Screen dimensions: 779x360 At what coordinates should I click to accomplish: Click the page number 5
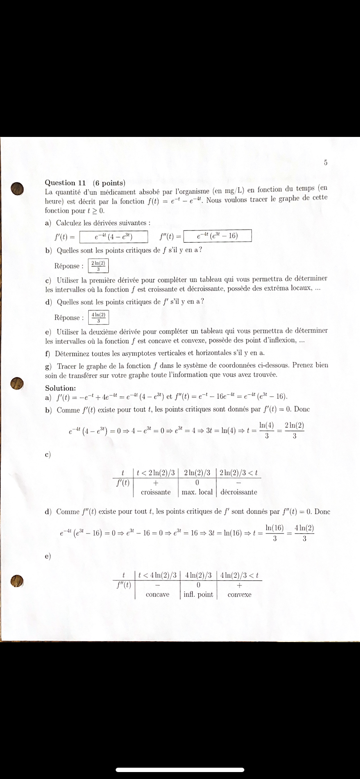coord(326,163)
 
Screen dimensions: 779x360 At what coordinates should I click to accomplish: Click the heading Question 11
coord(66,183)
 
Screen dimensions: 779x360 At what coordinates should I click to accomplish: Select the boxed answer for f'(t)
coord(114,237)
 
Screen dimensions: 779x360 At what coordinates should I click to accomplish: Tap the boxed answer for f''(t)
coord(217,236)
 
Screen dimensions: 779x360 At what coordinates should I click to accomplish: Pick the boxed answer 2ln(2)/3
coord(98,266)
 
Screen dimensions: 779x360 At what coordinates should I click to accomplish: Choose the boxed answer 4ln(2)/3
coord(98,317)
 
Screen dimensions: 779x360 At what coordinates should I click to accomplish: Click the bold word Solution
coord(60,388)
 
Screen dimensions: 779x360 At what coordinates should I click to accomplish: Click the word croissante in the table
coord(156,492)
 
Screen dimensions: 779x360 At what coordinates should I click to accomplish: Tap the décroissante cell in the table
coord(239,492)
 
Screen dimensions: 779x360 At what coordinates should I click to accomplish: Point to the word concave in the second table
coord(157,594)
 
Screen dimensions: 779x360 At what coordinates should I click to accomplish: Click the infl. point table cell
coord(198,594)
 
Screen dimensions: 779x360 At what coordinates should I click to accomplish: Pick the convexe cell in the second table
coord(239,594)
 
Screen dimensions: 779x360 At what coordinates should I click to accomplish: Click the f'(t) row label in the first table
coord(123,482)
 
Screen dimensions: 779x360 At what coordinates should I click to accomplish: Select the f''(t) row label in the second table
coord(124,585)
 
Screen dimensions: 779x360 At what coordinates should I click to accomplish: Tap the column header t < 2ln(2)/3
coord(156,473)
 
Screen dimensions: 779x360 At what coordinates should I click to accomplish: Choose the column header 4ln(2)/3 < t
coord(240,575)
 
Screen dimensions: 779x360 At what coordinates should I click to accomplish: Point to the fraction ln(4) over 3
coord(267,430)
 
